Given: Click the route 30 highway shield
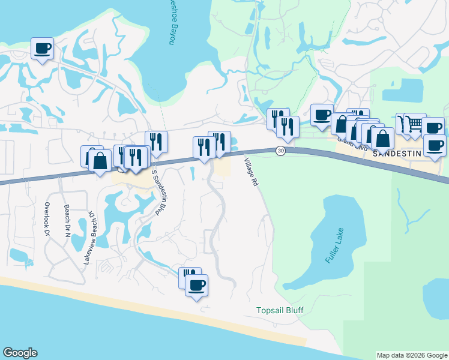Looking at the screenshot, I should (x=280, y=151).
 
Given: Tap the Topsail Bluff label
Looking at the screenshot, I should (x=280, y=310).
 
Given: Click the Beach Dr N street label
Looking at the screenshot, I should (x=67, y=220).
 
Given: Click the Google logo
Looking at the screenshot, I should (x=20, y=353).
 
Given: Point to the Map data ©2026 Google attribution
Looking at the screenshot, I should (x=411, y=355).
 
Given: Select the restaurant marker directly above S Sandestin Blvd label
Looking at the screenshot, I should (x=156, y=141).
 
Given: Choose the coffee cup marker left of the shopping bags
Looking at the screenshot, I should (x=322, y=113).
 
